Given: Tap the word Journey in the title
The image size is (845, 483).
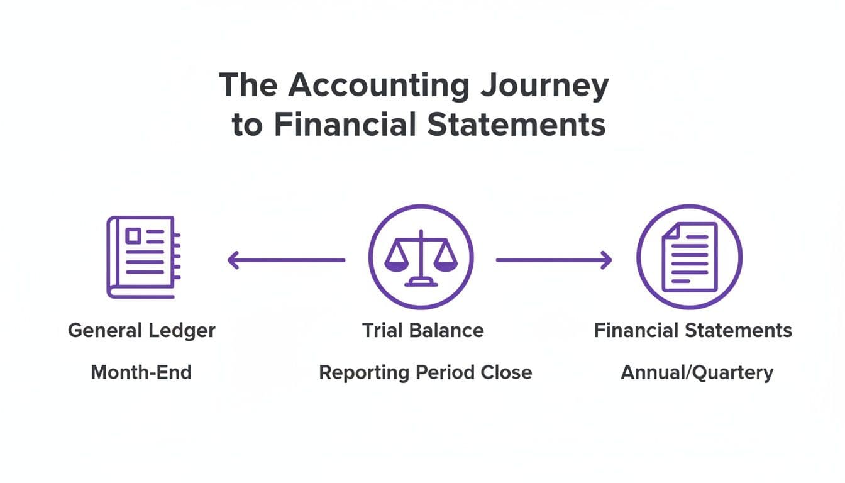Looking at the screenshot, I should (x=543, y=86).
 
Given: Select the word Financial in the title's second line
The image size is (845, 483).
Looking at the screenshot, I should (x=345, y=125).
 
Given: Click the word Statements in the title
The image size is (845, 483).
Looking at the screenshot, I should (x=516, y=125).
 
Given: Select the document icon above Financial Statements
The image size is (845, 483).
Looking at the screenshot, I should (x=689, y=257).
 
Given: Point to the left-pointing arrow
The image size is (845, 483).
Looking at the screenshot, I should (x=286, y=260).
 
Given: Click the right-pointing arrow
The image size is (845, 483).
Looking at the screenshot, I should (x=554, y=260).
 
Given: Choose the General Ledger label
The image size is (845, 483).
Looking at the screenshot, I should (x=141, y=331).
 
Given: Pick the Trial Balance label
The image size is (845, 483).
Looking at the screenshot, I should (x=422, y=331).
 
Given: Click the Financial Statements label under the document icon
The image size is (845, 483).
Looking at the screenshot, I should (x=693, y=331).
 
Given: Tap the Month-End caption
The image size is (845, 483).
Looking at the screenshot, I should (x=141, y=372).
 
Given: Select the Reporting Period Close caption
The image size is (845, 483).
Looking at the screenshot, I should (x=425, y=372).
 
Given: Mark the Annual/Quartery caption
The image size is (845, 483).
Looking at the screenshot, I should (x=697, y=372).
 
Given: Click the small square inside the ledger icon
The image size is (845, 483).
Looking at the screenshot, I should (x=133, y=236).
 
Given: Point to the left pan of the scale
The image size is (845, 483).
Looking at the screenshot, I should (x=395, y=264).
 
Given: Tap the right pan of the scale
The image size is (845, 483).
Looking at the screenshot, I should (x=446, y=264).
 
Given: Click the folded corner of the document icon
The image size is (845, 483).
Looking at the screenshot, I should (x=669, y=231).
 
